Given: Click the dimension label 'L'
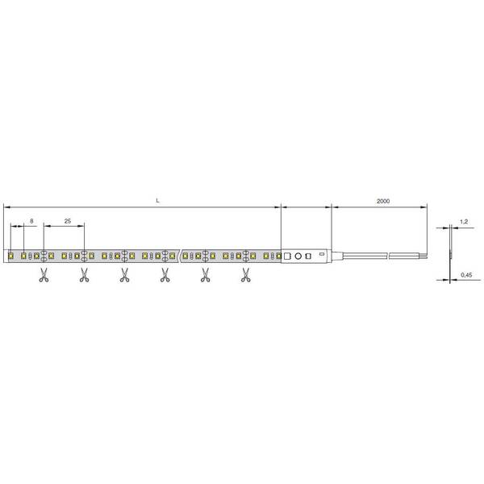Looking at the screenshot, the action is (x=158, y=201).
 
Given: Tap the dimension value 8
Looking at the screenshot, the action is (x=31, y=221).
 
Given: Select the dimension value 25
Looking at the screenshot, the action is (x=68, y=221).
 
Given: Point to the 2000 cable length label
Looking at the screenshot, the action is (x=383, y=201).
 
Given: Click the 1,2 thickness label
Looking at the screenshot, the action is (x=464, y=222).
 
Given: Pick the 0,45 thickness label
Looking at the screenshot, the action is (x=466, y=274).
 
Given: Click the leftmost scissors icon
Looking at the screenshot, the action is (x=44, y=275).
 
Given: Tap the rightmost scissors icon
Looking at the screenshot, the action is (x=246, y=275).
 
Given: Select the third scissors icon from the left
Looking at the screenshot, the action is (x=124, y=275).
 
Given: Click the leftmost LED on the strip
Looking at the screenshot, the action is (x=10, y=256).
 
